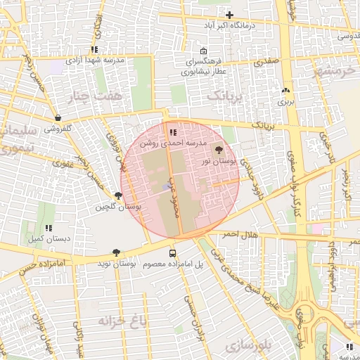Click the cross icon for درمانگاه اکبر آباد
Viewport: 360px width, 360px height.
click(x=229, y=15)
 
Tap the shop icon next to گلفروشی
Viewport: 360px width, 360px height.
click(x=57, y=117)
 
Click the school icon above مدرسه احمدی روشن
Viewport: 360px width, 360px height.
click(x=173, y=131)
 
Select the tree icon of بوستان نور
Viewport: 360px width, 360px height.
click(x=217, y=150)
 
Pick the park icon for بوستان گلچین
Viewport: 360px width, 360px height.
click(x=118, y=195)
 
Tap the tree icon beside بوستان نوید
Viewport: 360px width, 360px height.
click(x=116, y=252)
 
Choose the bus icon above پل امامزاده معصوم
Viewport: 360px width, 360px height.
click(x=172, y=253)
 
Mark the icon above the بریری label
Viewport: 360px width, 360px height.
click(x=285, y=91)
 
